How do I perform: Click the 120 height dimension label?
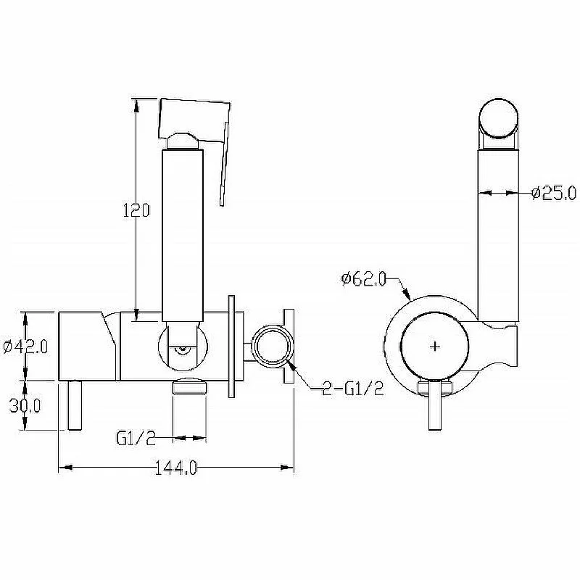click(136, 210)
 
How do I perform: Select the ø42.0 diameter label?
click(25, 347)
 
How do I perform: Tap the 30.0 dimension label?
click(25, 406)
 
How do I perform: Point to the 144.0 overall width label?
click(175, 468)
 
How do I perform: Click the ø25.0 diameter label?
click(554, 193)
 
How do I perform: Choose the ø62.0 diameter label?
click(364, 278)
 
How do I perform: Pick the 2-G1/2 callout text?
click(352, 389)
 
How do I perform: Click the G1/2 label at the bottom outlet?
click(136, 439)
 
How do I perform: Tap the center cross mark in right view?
click(436, 347)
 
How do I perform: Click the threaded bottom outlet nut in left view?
click(189, 386)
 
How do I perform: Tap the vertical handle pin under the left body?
click(75, 405)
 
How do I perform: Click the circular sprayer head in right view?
click(498, 118)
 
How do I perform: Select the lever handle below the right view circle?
click(436, 406)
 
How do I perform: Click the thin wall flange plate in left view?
click(232, 347)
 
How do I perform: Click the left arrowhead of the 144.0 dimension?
click(65, 468)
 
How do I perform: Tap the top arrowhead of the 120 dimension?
click(136, 104)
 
